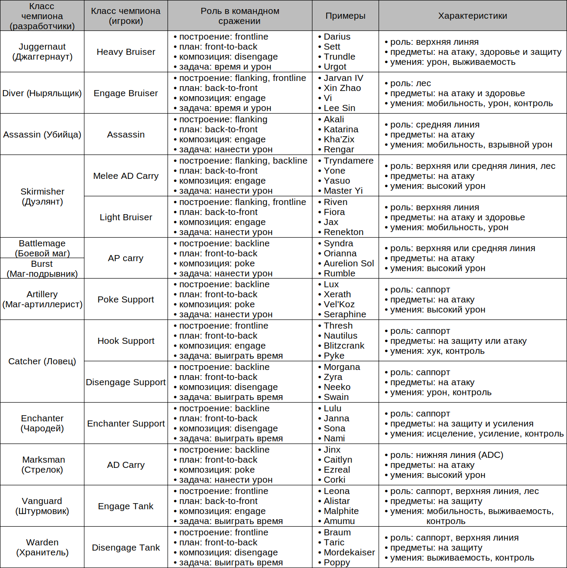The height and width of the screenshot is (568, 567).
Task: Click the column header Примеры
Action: pos(345,16)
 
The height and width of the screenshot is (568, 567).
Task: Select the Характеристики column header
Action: pos(473,16)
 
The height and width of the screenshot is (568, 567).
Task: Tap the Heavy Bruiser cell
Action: pos(126,52)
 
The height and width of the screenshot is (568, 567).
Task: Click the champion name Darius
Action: pos(337,37)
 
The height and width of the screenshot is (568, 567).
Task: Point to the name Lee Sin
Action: pos(339,108)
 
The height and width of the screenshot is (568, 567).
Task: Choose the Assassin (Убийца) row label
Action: pos(42,134)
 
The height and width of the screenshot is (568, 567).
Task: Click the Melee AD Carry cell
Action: pos(126,176)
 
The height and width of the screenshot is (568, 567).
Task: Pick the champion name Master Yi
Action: pos(343,191)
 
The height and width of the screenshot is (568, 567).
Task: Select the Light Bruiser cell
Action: pos(126,217)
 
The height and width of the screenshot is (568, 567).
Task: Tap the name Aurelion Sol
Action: pos(349,263)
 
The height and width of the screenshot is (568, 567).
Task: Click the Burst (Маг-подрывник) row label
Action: pos(42,269)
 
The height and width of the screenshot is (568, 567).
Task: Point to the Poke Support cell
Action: pos(126,299)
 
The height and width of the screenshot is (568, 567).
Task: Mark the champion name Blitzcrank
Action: pos(344,346)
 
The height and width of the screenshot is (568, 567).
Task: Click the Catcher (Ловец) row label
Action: pos(42,361)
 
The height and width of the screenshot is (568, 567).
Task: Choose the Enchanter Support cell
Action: pos(126,423)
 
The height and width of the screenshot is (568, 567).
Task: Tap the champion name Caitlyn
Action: pos(338,460)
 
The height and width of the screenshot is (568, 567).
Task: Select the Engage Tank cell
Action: pos(126,506)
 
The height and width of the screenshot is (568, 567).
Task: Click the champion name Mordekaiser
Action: pos(349,553)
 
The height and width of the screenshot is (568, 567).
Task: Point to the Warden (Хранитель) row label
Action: pos(42,548)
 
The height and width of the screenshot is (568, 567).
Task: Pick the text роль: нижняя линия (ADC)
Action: pos(446,455)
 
